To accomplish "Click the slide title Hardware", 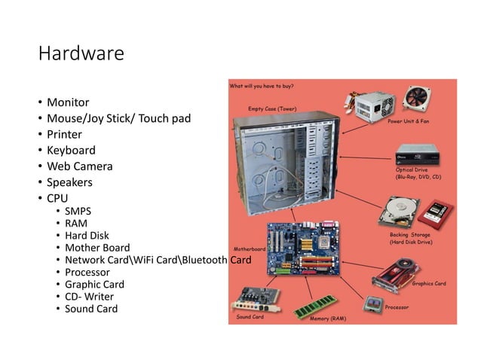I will pyautogui.click(x=81, y=54).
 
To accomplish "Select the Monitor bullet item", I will pyautogui.click(x=68, y=102).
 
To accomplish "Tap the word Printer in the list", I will pyautogui.click(x=65, y=134).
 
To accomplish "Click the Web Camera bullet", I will pyautogui.click(x=80, y=166).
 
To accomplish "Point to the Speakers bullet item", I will pyautogui.click(x=69, y=182).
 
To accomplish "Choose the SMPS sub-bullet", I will pyautogui.click(x=78, y=211).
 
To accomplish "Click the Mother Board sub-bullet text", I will pyautogui.click(x=97, y=248).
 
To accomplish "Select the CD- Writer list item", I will pyautogui.click(x=89, y=297).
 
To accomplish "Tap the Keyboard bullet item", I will pyautogui.click(x=71, y=150).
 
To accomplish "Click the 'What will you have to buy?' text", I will pyautogui.click(x=262, y=86).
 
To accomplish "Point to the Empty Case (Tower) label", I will pyautogui.click(x=272, y=109).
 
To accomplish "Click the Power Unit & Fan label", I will pyautogui.click(x=409, y=121).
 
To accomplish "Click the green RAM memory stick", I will pyautogui.click(x=315, y=306).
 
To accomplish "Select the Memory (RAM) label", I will pyautogui.click(x=328, y=319).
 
